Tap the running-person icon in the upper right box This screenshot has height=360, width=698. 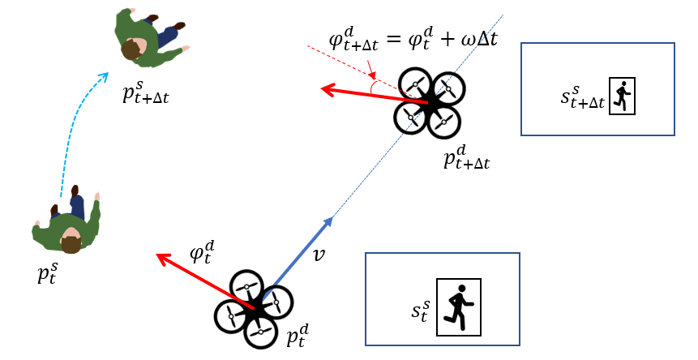[x=621, y=96]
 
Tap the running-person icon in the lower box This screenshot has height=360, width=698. [x=459, y=306]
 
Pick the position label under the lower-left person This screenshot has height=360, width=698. [x=48, y=273]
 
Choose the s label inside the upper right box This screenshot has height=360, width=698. [x=581, y=97]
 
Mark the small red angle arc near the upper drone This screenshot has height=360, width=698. [x=374, y=84]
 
